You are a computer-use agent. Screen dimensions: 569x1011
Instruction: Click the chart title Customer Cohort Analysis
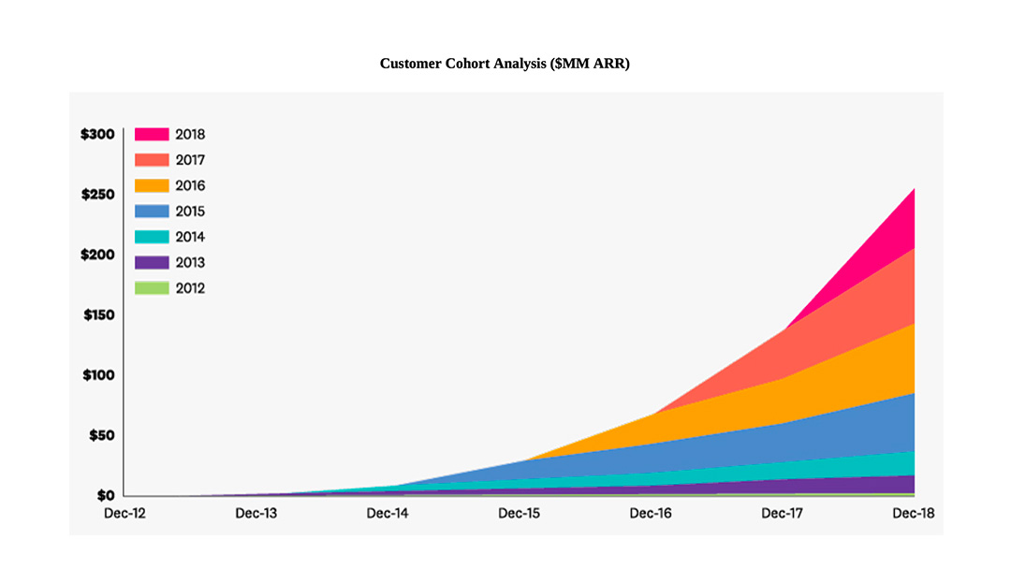505,64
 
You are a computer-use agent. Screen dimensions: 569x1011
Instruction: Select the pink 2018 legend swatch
152,134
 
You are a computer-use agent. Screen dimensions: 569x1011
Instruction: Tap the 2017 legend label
190,160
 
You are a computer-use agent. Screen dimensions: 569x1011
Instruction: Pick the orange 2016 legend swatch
152,185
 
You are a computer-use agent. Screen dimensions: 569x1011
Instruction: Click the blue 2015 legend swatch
152,212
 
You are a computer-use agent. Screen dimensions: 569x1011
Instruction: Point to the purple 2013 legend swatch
152,263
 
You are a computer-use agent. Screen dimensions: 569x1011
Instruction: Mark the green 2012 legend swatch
152,288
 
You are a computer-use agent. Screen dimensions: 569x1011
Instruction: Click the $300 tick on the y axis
97,135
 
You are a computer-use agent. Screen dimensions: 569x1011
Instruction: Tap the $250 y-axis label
97,195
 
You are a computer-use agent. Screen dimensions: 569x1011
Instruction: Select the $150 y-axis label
98,315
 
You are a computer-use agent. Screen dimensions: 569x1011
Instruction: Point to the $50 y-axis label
101,435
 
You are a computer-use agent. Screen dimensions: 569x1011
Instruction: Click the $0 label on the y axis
105,496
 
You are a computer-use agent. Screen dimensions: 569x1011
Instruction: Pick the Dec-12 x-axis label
124,514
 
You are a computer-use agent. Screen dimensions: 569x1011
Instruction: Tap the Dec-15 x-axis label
520,514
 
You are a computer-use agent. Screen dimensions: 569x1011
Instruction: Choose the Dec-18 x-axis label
914,514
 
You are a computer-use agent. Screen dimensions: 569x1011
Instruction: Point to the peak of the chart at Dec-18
914,189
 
